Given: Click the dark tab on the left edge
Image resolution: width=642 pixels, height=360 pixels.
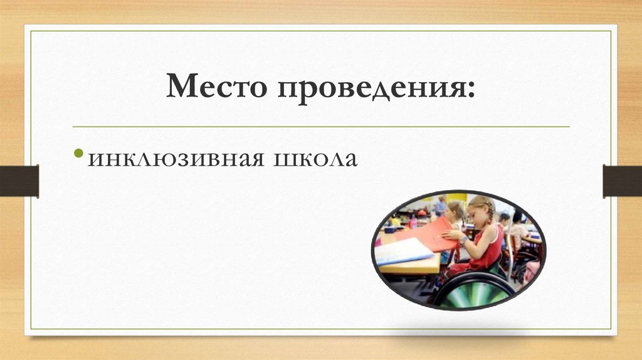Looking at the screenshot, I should (x=19, y=181).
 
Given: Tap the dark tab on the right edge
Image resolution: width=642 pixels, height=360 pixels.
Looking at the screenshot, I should (x=622, y=181).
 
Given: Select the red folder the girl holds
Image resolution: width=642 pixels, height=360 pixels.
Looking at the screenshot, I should (x=429, y=235).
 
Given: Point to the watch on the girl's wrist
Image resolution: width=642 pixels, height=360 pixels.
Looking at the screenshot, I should (x=463, y=240).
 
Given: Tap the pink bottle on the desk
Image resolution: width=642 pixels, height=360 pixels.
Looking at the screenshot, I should (x=413, y=221).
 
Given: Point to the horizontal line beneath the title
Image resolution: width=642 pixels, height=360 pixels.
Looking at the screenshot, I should (x=321, y=127).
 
